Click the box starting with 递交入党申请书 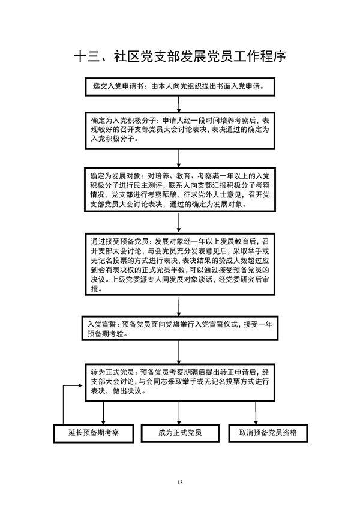pyautogui.click(x=179, y=86)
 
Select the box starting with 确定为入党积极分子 pyautogui.click(x=179, y=129)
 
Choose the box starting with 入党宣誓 pyautogui.click(x=179, y=328)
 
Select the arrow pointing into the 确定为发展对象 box pyautogui.click(x=179, y=157)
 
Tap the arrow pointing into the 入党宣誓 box pyautogui.click(x=179, y=306)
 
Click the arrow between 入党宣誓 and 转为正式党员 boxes pyautogui.click(x=179, y=350)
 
